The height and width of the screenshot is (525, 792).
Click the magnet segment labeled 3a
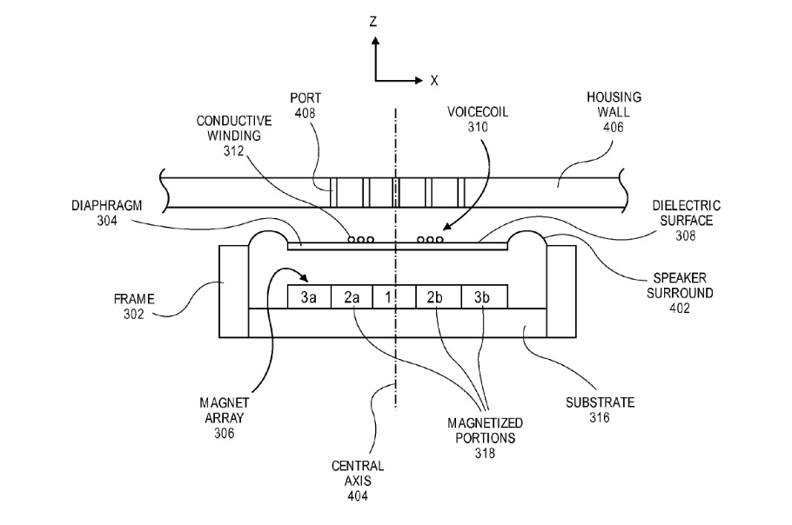tap(309, 296)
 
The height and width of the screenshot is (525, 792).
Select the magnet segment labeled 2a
tap(352, 296)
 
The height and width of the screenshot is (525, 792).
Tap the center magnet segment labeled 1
tap(394, 296)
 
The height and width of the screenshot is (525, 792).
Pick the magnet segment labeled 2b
tap(439, 296)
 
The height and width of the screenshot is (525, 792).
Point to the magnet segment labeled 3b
tap(485, 296)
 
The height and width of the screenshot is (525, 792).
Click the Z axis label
tap(373, 21)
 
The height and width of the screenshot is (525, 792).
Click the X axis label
tap(434, 80)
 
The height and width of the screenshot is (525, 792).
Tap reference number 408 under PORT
tap(305, 113)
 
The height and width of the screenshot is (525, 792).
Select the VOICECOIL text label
tap(478, 111)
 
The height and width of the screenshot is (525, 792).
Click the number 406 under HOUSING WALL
tap(614, 127)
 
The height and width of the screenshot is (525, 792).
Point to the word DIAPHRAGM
tap(106, 206)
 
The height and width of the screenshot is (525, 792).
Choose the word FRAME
tap(134, 299)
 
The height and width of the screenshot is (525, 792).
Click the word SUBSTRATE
tap(600, 402)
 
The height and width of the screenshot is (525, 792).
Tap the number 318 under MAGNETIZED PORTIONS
tap(485, 454)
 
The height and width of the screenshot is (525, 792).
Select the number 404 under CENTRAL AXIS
tap(358, 496)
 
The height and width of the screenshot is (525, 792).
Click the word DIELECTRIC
tap(687, 206)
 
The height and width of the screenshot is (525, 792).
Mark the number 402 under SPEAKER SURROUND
tap(680, 309)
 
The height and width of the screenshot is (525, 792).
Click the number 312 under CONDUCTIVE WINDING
tap(234, 150)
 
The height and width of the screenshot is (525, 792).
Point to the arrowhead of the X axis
tap(419, 80)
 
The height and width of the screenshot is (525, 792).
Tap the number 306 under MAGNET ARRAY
tap(225, 433)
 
